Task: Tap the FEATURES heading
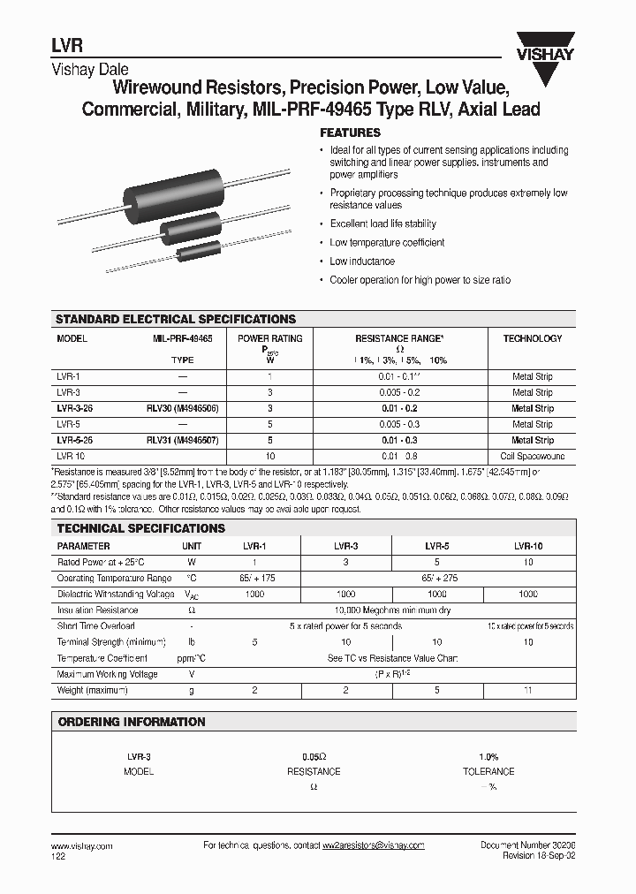[x=350, y=133]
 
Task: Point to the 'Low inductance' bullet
[x=362, y=261]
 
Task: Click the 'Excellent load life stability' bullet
[x=382, y=224]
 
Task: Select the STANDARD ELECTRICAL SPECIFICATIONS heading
[x=176, y=319]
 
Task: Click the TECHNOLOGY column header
[x=532, y=338]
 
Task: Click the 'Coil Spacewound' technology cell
[x=532, y=456]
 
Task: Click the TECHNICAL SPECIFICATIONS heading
[x=140, y=528]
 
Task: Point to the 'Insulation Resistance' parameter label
[x=97, y=610]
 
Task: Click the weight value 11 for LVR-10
[x=528, y=690]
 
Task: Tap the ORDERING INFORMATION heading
[x=131, y=722]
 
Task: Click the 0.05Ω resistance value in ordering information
[x=314, y=757]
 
